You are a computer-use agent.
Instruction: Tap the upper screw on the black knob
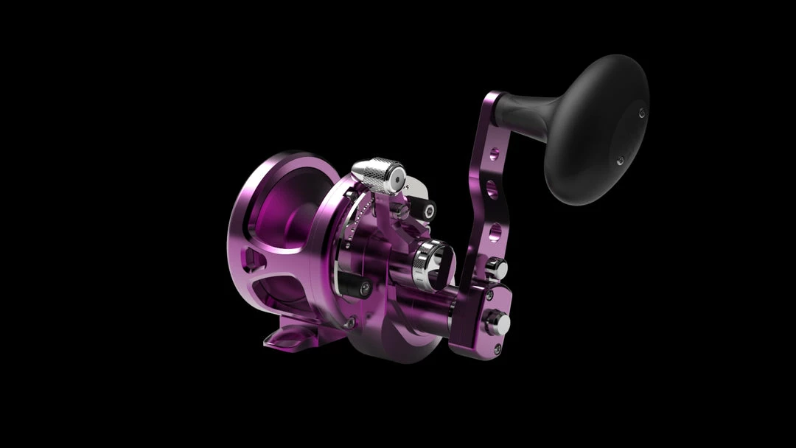(x=642, y=112)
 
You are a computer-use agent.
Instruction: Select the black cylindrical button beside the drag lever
(x=425, y=209)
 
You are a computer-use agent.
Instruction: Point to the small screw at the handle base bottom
(x=498, y=347)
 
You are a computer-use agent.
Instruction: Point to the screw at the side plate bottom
(x=351, y=321)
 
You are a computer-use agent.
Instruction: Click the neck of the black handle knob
(x=516, y=108)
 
